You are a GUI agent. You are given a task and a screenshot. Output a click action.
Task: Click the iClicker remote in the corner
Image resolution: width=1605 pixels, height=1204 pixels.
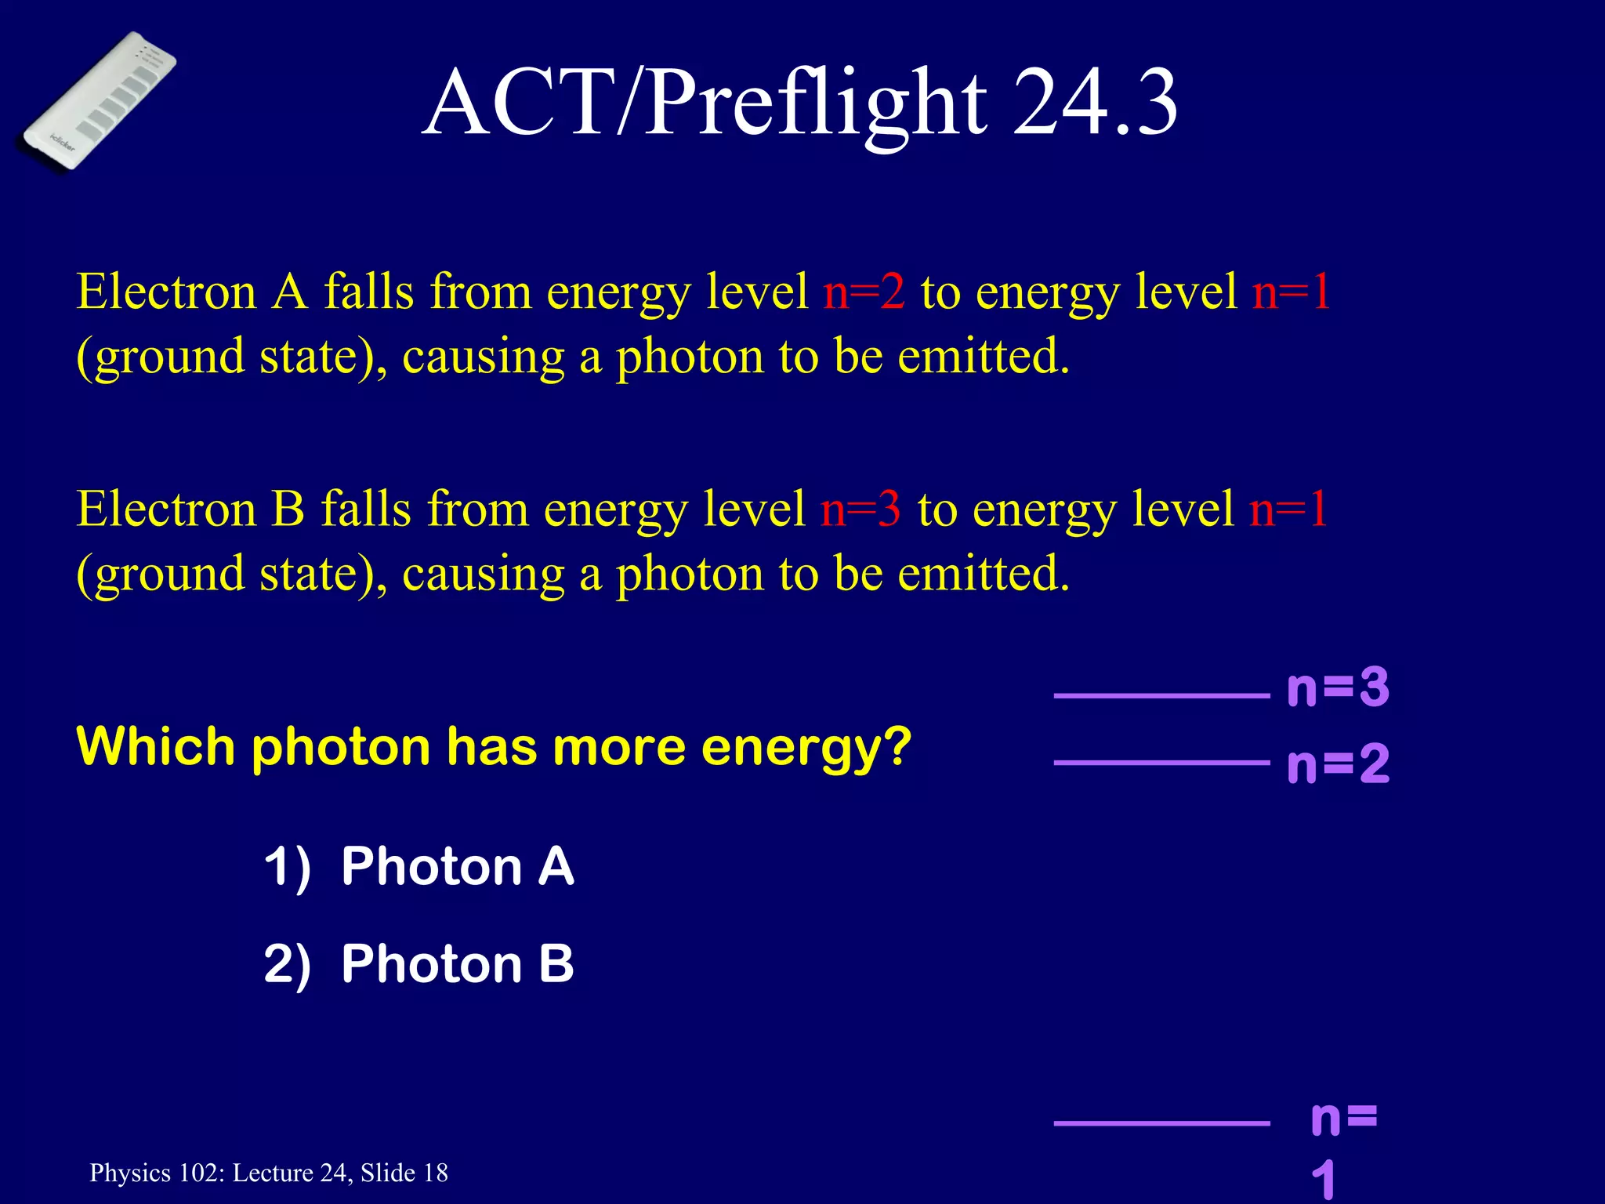coord(99,100)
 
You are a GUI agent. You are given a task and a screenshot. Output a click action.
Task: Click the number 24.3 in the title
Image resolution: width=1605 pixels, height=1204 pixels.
coord(1095,103)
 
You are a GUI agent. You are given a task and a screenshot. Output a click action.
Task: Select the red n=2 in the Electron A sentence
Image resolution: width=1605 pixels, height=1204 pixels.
coord(864,292)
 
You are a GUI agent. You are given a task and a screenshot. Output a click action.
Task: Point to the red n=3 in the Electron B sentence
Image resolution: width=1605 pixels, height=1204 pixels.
coord(860,509)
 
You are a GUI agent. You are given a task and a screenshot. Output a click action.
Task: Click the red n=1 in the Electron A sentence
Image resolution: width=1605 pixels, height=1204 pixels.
coord(1292,292)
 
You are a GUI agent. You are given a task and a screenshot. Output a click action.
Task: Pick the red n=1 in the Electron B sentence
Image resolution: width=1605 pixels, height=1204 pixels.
coord(1288,509)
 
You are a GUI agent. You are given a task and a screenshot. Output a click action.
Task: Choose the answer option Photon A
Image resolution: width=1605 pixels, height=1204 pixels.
coord(457,866)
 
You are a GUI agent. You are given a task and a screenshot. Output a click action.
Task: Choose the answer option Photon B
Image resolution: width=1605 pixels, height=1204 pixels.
coord(457,963)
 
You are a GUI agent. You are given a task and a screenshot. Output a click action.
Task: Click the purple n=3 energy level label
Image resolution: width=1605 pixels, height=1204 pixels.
coord(1338,687)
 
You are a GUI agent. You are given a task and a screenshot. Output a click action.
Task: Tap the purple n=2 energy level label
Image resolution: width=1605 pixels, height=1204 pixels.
coord(1338,763)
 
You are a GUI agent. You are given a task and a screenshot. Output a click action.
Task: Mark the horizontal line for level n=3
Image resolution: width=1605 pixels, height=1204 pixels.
coord(1161,695)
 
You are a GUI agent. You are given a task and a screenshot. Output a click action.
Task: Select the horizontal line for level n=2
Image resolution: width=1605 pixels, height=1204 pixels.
coord(1161,762)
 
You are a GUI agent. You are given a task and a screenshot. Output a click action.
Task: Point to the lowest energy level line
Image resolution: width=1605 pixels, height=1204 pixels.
coord(1161,1123)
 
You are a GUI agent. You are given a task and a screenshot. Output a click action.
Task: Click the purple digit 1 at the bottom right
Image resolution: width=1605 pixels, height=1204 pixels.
coord(1324,1180)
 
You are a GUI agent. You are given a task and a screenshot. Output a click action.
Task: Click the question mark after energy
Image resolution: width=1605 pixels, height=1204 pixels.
coord(897,746)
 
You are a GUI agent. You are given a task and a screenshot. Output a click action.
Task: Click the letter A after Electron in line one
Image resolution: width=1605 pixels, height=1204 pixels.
coord(289,292)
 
